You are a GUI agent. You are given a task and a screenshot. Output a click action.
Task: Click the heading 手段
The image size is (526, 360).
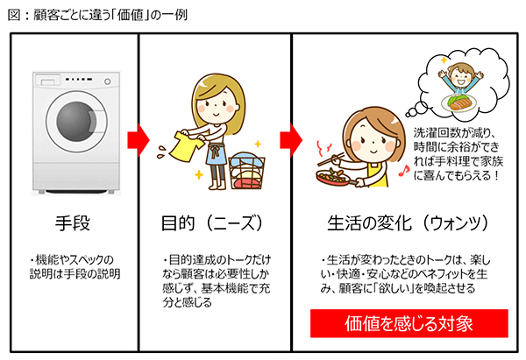click(73, 223)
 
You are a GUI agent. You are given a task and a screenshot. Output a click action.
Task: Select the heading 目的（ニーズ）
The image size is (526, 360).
click(212, 223)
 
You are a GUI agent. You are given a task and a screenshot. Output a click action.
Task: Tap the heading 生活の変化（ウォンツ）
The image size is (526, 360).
click(408, 223)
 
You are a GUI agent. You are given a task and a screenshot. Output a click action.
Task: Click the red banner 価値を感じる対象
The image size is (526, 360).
click(409, 323)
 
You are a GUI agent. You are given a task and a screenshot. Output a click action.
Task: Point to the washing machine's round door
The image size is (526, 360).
click(77, 121)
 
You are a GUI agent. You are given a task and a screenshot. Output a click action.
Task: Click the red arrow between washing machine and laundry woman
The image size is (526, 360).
click(138, 140)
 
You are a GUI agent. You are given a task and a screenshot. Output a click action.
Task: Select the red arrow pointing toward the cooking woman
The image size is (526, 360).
click(291, 140)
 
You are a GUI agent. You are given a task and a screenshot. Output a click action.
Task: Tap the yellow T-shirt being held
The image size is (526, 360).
click(186, 146)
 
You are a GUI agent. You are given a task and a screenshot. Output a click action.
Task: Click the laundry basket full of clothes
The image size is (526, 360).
click(247, 170)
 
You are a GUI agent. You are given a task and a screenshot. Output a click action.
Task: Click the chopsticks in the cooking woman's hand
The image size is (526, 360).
click(331, 159)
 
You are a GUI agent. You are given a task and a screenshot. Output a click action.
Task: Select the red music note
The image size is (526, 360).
click(404, 171)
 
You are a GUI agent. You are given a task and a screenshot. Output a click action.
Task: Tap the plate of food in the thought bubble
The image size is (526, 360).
click(460, 102)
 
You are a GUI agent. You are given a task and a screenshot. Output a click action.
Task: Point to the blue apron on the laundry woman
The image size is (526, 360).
click(216, 153)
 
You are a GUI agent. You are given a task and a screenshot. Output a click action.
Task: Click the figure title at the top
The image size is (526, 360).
click(97, 15)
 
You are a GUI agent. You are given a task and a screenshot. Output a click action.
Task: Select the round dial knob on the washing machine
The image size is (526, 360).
click(107, 81)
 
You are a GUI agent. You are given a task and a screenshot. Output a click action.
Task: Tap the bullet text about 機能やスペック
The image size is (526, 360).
click(75, 267)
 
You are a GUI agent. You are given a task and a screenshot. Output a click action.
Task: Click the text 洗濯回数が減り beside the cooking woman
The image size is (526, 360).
click(454, 133)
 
